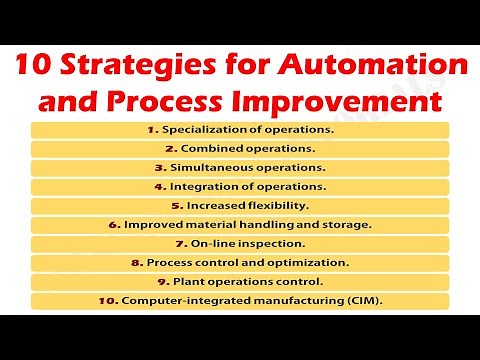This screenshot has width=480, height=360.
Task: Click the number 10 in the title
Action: [x=31, y=68]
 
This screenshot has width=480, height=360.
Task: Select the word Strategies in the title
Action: [x=131, y=68]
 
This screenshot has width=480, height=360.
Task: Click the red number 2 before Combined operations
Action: [x=171, y=149]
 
